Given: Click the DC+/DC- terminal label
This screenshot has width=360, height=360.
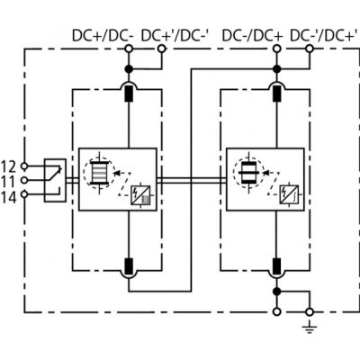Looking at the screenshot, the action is click(x=103, y=36).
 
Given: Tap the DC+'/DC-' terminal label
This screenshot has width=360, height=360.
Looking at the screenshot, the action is click(x=175, y=36).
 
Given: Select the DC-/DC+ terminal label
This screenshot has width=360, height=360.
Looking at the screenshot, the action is click(x=253, y=36).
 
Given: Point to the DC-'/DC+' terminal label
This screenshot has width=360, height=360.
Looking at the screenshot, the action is click(x=324, y=36).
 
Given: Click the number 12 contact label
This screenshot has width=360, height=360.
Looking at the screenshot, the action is click(x=8, y=166).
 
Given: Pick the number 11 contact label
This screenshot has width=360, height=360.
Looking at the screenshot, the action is click(x=8, y=182).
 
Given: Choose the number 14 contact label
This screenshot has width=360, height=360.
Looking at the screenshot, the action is click(x=8, y=197).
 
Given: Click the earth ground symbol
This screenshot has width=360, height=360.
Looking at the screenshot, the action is click(x=310, y=328).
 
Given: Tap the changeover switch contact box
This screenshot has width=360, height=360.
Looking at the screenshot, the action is click(x=55, y=180).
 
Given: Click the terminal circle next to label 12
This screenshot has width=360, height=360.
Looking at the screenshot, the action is click(x=24, y=166).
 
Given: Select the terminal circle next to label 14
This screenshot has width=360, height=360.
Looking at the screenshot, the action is click(x=24, y=194).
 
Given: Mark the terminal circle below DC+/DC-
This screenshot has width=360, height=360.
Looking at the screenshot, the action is click(x=129, y=49).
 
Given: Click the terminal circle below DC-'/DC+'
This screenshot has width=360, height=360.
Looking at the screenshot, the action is click(x=310, y=49).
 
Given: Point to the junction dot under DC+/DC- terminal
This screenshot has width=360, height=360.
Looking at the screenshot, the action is click(x=129, y=69).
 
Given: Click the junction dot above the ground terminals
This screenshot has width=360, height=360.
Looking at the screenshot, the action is click(x=277, y=291).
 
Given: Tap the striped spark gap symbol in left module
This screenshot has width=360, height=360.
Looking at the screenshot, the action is click(x=99, y=173).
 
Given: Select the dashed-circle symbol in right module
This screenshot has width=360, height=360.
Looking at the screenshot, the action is click(x=249, y=173).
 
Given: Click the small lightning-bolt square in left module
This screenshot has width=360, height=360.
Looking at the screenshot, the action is click(x=140, y=195).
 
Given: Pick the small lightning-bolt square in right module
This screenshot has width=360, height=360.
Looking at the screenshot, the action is click(x=289, y=195).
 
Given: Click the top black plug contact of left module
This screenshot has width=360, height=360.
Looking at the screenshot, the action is click(x=129, y=94).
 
